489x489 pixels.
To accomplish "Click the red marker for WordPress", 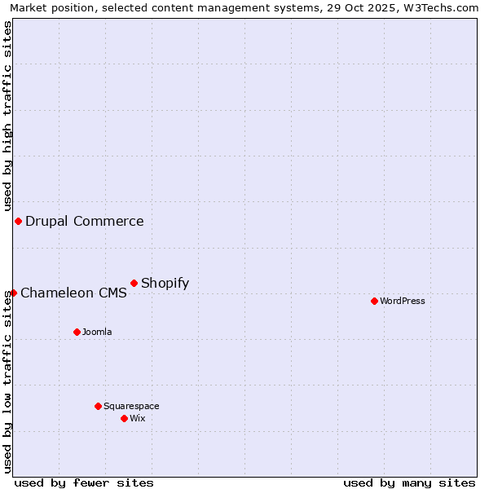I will [374, 301].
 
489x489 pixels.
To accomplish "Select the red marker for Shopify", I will [134, 283].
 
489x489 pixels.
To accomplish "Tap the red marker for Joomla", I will [77, 332].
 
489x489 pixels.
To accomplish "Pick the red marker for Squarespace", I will [98, 406].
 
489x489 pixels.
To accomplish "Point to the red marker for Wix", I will [124, 418].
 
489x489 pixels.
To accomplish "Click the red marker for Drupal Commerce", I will [18, 221].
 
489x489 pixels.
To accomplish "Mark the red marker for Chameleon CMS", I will [13, 293].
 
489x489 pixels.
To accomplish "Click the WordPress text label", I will [403, 301].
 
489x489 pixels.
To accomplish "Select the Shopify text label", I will [165, 283].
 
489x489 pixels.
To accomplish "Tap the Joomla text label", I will [97, 332].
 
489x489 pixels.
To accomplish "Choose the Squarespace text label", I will [131, 406].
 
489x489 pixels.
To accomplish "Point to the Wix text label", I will [138, 418].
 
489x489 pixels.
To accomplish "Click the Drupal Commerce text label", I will [85, 221].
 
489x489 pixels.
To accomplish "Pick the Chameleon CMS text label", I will [73, 293].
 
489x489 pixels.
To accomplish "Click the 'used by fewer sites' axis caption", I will [84, 482].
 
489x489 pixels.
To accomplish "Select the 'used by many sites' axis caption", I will [409, 482].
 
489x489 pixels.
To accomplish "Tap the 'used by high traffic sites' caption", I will [7, 116].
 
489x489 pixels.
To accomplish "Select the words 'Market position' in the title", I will [48, 7].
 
